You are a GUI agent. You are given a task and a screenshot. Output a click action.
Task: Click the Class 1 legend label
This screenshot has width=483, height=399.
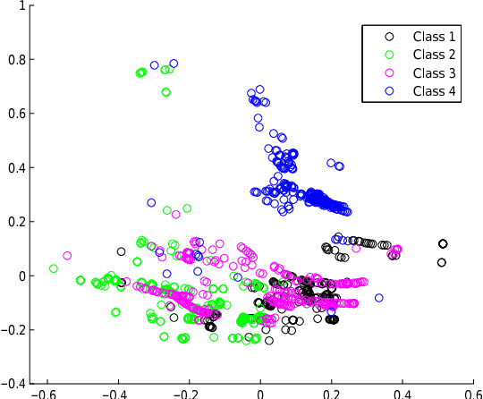click(434, 37)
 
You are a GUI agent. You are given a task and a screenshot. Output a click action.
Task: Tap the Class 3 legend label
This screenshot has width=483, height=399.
click(434, 73)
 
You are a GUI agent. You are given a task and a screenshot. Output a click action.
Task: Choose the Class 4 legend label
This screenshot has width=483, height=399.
click(434, 92)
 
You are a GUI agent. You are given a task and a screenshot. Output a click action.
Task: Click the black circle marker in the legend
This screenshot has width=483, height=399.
click(388, 37)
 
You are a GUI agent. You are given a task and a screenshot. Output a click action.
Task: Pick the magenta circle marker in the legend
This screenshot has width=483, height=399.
click(388, 73)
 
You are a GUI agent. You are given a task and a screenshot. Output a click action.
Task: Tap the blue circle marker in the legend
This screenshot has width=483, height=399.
click(388, 92)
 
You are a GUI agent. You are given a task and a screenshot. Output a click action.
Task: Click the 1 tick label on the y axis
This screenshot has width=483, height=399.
click(21, 6)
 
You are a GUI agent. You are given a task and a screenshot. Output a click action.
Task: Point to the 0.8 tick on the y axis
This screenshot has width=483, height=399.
click(17, 60)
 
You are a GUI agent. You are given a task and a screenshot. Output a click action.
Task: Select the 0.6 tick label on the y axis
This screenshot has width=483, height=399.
click(17, 114)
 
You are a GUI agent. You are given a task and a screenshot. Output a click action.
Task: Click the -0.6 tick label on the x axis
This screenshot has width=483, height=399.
click(42, 393)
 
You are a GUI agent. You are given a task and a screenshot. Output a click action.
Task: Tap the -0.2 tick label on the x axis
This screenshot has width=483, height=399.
click(186, 393)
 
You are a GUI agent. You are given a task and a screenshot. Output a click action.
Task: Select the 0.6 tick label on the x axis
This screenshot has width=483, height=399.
click(475, 393)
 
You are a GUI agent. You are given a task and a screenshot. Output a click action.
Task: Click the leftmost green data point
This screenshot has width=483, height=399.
click(54, 268)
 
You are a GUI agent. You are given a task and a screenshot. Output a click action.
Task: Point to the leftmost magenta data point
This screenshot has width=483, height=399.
click(67, 256)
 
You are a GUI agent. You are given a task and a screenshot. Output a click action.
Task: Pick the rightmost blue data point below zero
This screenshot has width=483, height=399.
click(378, 298)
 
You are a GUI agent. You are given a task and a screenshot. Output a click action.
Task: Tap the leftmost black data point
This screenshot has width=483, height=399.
click(122, 251)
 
